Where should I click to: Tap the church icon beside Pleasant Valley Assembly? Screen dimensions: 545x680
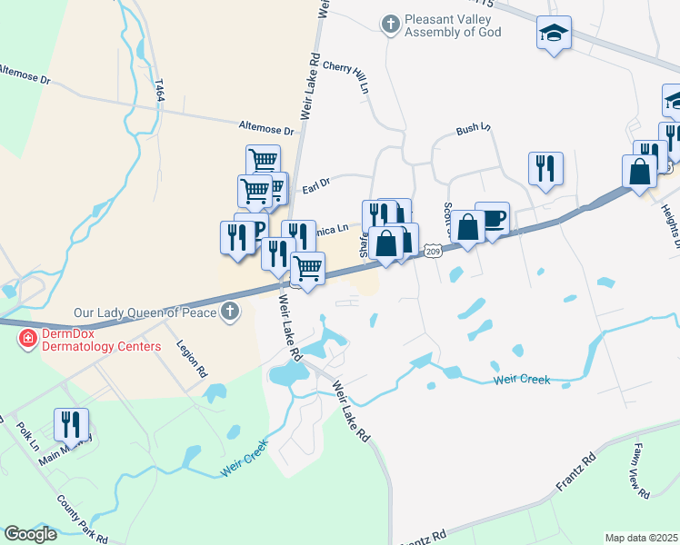click(391, 24)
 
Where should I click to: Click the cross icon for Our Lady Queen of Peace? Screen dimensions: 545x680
click(231, 313)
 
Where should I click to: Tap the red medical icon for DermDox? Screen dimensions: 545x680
click(27, 339)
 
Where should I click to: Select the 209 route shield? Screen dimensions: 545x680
click(433, 251)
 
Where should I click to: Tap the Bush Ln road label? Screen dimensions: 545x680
click(473, 130)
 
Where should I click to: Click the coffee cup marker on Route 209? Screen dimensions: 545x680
click(492, 219)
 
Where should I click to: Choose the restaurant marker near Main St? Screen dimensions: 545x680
click(71, 424)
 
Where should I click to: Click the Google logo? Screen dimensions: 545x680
click(30, 534)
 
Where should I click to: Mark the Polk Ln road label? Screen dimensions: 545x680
click(28, 435)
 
